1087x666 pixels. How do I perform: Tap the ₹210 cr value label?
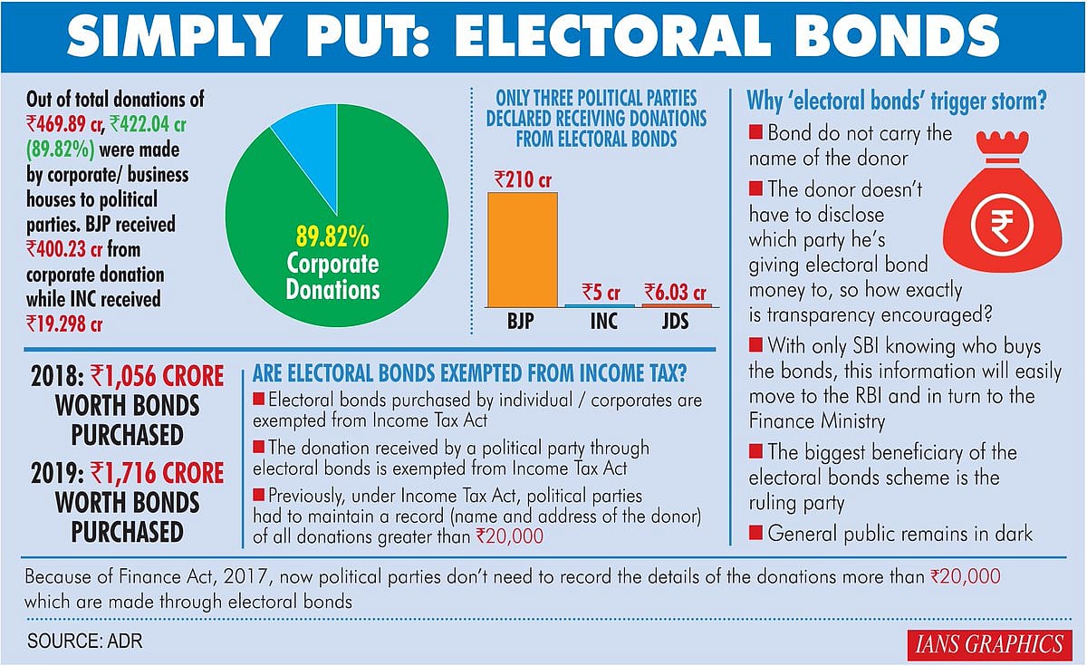523,179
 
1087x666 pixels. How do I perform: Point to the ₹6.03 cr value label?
676,292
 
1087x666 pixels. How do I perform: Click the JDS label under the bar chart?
677,322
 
